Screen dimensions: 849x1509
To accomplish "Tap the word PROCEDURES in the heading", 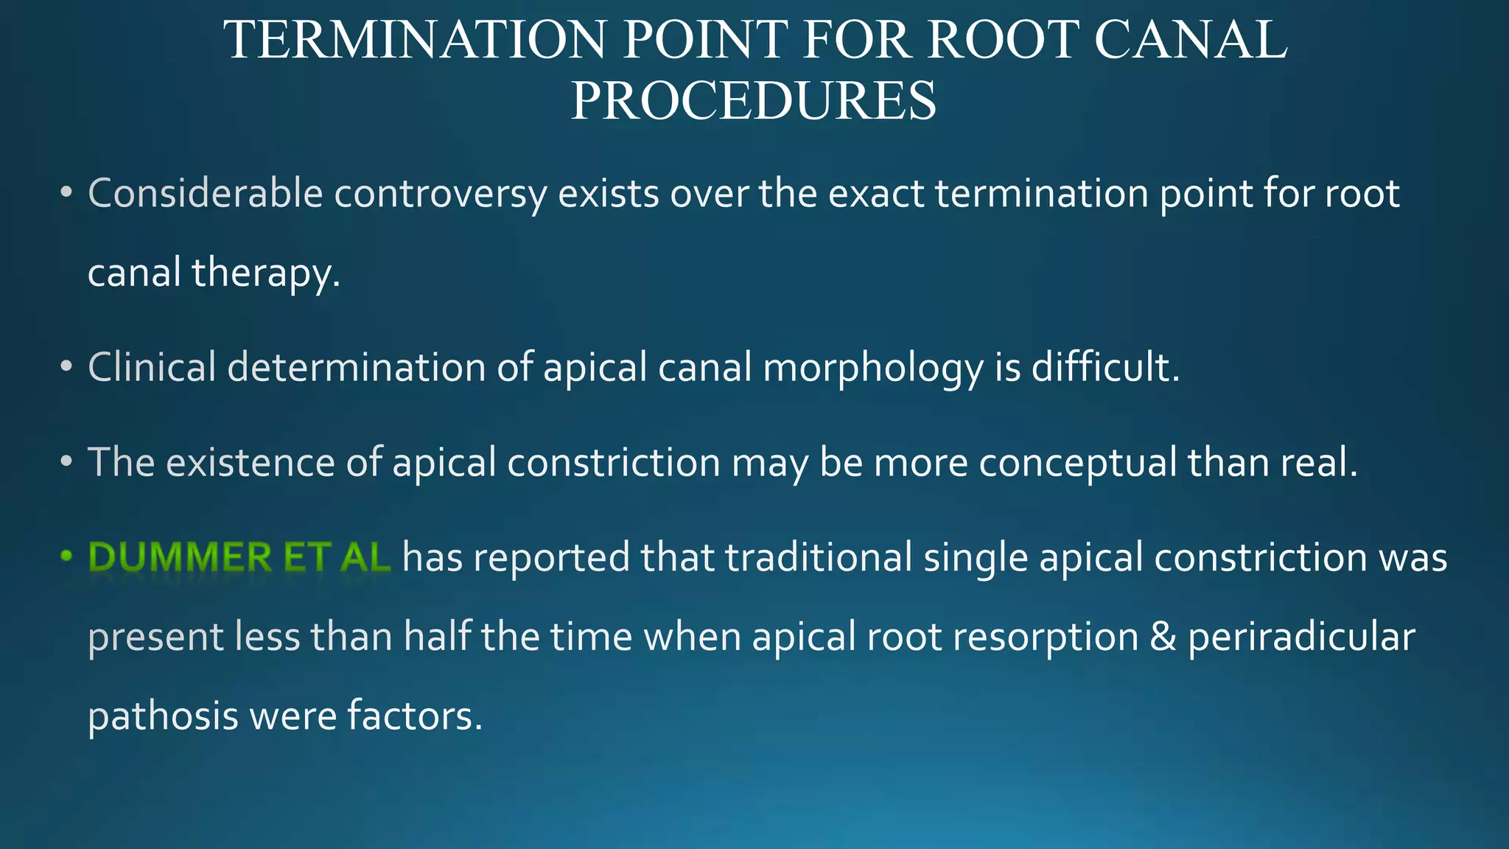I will click(x=754, y=101).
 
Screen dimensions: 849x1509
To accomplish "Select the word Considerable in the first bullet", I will click(x=206, y=194).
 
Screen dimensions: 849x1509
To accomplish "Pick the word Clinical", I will click(x=152, y=367).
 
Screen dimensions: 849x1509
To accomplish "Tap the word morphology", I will click(x=873, y=368).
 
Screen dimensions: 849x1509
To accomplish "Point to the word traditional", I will click(x=819, y=557).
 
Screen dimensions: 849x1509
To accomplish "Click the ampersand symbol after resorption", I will click(x=1163, y=637).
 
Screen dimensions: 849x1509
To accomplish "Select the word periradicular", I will click(x=1301, y=637).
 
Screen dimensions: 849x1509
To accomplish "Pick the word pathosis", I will click(x=163, y=716).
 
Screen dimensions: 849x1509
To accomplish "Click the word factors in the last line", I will click(x=414, y=716).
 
